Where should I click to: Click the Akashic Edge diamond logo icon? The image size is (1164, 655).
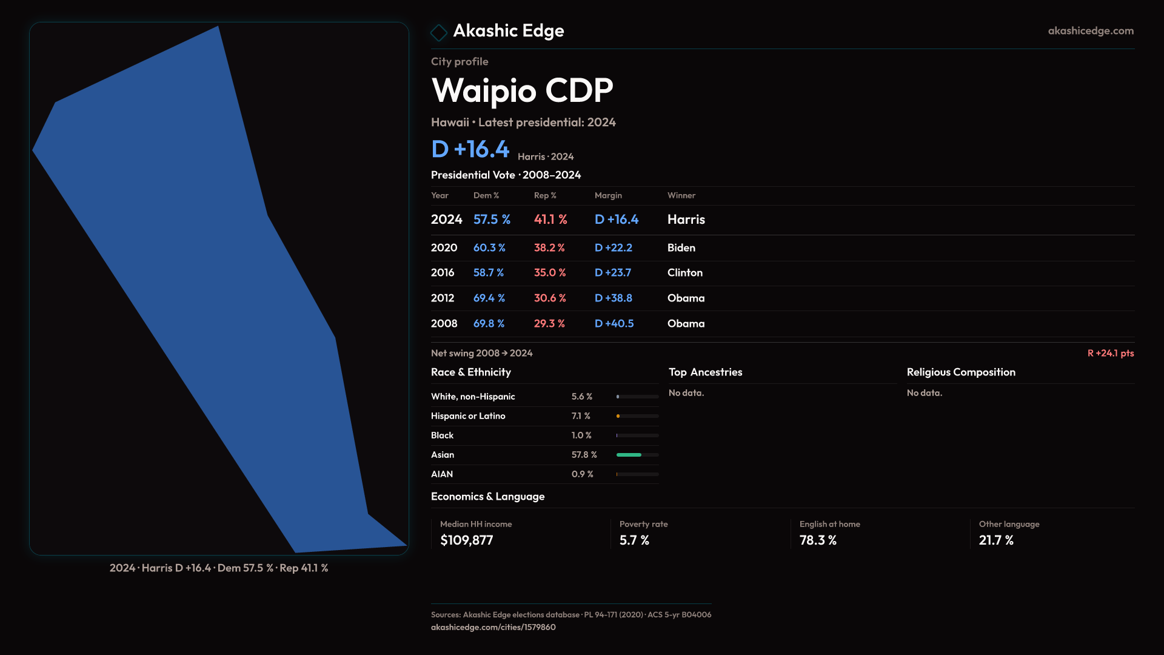438,32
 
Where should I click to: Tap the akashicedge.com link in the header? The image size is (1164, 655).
1090,31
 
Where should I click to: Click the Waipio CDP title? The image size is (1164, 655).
522,91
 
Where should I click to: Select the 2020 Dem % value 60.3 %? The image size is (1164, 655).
489,248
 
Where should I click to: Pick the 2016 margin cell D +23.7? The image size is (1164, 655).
613,273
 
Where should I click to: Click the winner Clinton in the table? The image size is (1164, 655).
684,273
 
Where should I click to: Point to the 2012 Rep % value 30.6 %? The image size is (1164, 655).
550,298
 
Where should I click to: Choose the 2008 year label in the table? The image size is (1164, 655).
444,324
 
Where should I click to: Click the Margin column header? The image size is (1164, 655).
608,195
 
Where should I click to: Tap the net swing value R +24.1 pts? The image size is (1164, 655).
1110,353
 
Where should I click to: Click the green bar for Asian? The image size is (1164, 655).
629,455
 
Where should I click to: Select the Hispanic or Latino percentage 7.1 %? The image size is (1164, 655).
581,416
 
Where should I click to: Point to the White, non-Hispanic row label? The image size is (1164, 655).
473,397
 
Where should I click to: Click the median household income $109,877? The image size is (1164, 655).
466,540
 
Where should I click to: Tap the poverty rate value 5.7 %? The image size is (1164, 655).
634,540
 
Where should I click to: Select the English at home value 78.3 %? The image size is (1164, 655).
818,540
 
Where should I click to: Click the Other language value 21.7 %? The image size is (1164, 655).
996,540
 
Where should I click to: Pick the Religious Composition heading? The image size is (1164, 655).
961,372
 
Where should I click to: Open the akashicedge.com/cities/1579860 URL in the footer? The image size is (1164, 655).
493,627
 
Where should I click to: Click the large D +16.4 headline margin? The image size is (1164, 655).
470,149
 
